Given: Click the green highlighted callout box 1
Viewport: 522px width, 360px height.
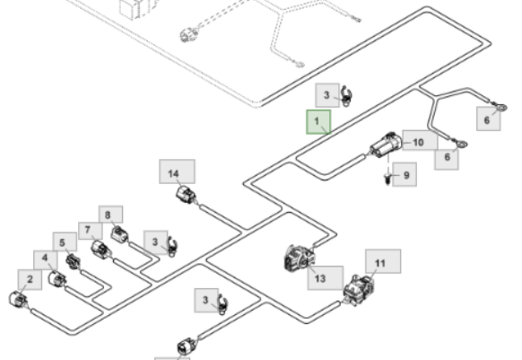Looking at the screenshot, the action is coord(318,122).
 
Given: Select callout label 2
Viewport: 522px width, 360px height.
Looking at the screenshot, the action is coord(30,280).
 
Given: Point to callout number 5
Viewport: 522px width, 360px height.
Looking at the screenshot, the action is coord(65,242).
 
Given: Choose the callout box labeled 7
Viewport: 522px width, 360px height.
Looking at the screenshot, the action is coord(91,231).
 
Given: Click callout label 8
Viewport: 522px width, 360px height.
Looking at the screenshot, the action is coord(110,215).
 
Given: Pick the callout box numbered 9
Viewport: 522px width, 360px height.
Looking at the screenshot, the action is coord(405,175).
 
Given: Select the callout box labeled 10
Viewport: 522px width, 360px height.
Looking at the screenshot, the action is coord(420,140).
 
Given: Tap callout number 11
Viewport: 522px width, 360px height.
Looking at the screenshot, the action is coord(383,261).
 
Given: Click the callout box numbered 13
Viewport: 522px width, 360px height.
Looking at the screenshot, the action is coord(326,278).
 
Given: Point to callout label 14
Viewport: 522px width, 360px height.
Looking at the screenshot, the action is coord(177,171).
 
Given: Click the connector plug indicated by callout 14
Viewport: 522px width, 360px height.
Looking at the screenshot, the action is coord(186,195).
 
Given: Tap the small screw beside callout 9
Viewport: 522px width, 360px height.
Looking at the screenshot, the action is coord(387,179).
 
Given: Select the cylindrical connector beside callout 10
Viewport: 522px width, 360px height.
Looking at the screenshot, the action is coord(387,145).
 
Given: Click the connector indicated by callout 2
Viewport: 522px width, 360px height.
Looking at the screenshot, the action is coord(18,299).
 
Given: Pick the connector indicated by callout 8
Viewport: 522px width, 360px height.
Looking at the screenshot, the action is coord(119,234).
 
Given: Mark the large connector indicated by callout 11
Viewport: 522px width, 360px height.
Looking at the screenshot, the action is coord(359,290).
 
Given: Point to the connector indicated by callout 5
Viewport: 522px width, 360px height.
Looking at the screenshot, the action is coord(74,261).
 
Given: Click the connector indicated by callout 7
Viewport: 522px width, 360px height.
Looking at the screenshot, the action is coord(100,250).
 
